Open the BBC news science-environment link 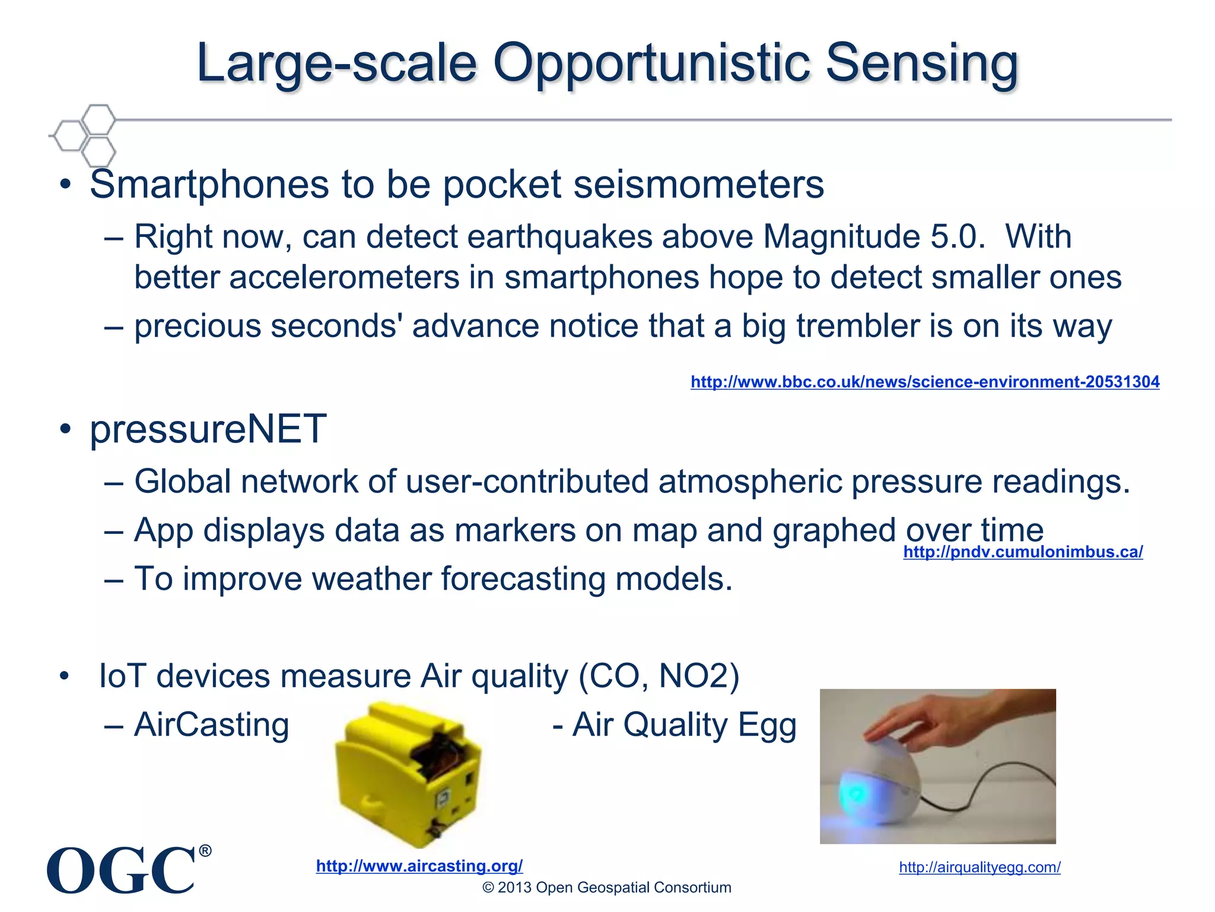point(924,382)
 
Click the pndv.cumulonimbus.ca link point(1022,552)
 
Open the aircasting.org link point(419,866)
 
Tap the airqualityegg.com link point(979,867)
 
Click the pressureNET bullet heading point(208,429)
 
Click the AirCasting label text point(211,725)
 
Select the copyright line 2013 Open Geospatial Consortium point(606,888)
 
